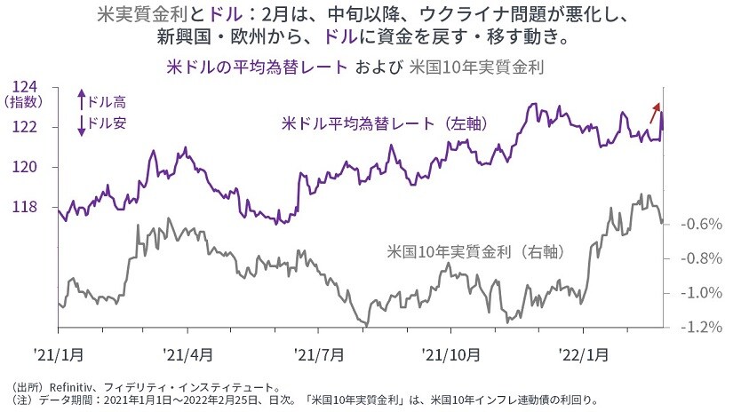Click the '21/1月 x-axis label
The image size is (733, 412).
[58, 353]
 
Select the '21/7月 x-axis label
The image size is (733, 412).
[319, 353]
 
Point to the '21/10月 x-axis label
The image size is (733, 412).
[450, 353]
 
